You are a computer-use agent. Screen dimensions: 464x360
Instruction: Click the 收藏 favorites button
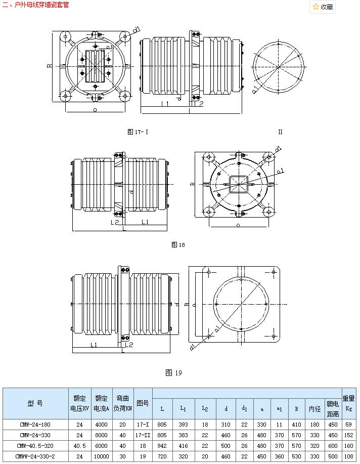323,7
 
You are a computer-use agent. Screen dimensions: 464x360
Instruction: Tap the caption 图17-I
138,132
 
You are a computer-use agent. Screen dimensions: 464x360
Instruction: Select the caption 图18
178,245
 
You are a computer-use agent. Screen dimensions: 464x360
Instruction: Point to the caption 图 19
173,373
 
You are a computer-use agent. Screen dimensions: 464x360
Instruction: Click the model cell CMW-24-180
35,424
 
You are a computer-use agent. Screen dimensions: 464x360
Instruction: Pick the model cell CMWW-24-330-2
35,456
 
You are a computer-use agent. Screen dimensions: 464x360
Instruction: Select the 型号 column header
35,403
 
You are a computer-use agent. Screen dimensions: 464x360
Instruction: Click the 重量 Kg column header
349,403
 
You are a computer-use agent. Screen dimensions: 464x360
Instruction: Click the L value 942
162,445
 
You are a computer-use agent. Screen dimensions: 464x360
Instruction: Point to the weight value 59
349,424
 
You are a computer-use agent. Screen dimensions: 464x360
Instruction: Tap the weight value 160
349,445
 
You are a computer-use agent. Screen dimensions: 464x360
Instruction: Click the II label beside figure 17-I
280,132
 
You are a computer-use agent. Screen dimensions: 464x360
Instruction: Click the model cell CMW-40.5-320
35,445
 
